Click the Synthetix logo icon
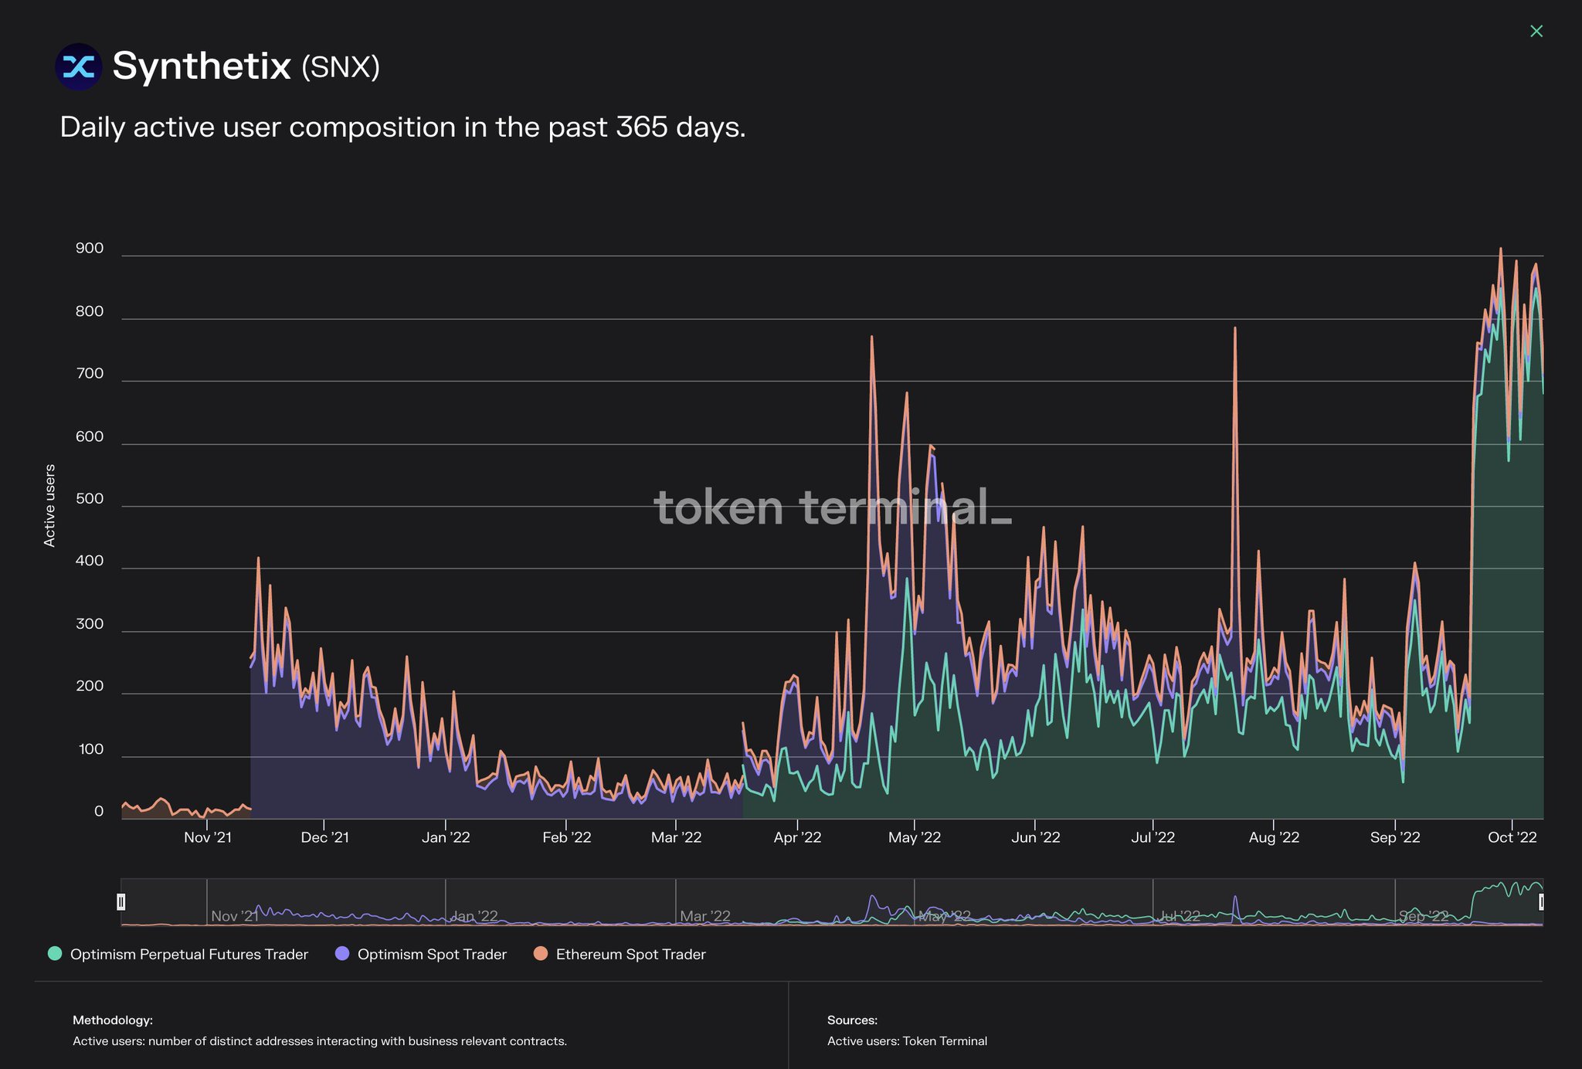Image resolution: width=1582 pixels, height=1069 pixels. tap(78, 67)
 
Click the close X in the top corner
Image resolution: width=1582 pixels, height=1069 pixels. tap(1536, 31)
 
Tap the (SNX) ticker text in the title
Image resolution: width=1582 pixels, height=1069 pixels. tap(340, 67)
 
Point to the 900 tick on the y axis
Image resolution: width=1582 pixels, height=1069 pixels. tap(90, 249)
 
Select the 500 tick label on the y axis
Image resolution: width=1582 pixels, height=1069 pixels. tap(90, 499)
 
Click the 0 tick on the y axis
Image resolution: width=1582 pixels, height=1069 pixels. tap(99, 812)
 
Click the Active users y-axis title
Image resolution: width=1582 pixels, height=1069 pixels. tap(49, 506)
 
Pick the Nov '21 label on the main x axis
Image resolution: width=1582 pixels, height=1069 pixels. tap(208, 838)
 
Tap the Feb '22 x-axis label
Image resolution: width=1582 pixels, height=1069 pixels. tap(566, 838)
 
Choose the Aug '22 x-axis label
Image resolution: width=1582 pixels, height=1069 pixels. tap(1274, 838)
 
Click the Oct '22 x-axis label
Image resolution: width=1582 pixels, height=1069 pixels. tap(1512, 838)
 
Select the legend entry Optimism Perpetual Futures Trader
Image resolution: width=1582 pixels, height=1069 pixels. tap(188, 955)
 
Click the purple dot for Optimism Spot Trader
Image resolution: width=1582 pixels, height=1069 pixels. tap(342, 954)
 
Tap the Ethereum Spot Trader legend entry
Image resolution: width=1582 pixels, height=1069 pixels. tap(630, 955)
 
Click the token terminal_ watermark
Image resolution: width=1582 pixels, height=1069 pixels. tap(832, 507)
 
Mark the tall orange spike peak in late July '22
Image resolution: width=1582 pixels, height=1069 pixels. tap(1234, 329)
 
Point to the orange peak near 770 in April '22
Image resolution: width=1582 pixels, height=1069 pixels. tap(871, 338)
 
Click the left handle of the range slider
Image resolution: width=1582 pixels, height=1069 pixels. tap(121, 901)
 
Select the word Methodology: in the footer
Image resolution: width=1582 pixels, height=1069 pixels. tap(113, 1020)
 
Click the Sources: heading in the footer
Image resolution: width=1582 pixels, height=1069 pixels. tap(852, 1020)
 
